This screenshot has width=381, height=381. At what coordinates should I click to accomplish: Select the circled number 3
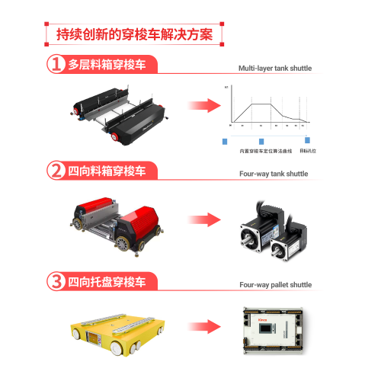click(56, 280)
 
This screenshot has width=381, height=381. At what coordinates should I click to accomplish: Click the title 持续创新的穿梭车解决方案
click(137, 34)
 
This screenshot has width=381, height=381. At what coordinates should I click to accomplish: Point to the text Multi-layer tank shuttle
click(274, 69)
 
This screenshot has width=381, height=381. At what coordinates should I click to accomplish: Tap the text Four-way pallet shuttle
click(275, 284)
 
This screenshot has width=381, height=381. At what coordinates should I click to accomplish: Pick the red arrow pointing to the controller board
click(204, 328)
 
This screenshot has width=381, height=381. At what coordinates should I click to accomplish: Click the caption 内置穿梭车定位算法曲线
click(261, 150)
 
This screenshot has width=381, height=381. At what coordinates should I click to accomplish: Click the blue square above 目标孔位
click(307, 139)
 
